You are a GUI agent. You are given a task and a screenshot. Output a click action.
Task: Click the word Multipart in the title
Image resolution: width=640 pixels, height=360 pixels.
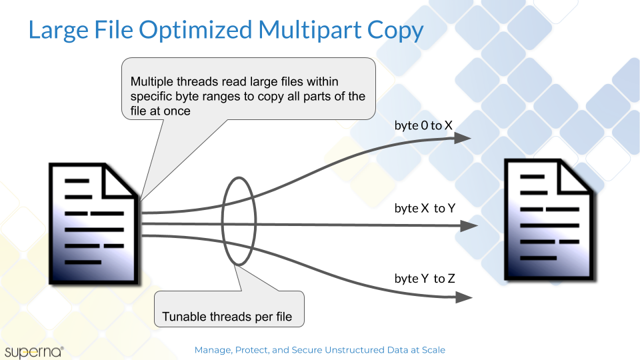pyautogui.click(x=309, y=30)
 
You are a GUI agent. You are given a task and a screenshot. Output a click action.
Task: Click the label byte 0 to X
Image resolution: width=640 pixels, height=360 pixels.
pyautogui.click(x=423, y=125)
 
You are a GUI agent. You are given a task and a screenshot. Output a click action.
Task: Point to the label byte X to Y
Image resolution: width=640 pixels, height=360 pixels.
pyautogui.click(x=425, y=208)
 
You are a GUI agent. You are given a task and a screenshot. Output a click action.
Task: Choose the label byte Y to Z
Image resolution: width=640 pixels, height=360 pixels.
pyautogui.click(x=425, y=279)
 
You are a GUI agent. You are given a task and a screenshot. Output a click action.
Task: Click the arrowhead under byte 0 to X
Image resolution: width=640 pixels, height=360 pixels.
pyautogui.click(x=463, y=138)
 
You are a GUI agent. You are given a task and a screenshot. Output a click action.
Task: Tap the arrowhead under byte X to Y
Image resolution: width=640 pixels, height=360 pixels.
pyautogui.click(x=469, y=226)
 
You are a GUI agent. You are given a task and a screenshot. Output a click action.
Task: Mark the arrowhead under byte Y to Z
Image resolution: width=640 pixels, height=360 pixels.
pyautogui.click(x=464, y=297)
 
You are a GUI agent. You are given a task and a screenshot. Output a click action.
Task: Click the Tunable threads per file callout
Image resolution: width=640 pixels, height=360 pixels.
pyautogui.click(x=229, y=309)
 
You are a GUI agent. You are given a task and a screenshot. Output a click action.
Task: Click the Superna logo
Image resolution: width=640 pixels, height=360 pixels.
pyautogui.click(x=34, y=352)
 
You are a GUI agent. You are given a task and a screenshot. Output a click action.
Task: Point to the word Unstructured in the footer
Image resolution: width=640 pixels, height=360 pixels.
pyautogui.click(x=352, y=350)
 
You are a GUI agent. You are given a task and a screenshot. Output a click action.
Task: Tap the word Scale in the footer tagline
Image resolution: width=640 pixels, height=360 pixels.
pyautogui.click(x=433, y=350)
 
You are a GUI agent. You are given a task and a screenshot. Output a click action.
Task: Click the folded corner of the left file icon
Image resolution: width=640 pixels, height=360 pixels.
pyautogui.click(x=119, y=181)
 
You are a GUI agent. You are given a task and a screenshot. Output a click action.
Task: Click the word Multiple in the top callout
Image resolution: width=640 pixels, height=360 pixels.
pyautogui.click(x=152, y=81)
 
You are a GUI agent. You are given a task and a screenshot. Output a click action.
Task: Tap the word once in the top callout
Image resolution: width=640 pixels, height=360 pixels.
pyautogui.click(x=177, y=111)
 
